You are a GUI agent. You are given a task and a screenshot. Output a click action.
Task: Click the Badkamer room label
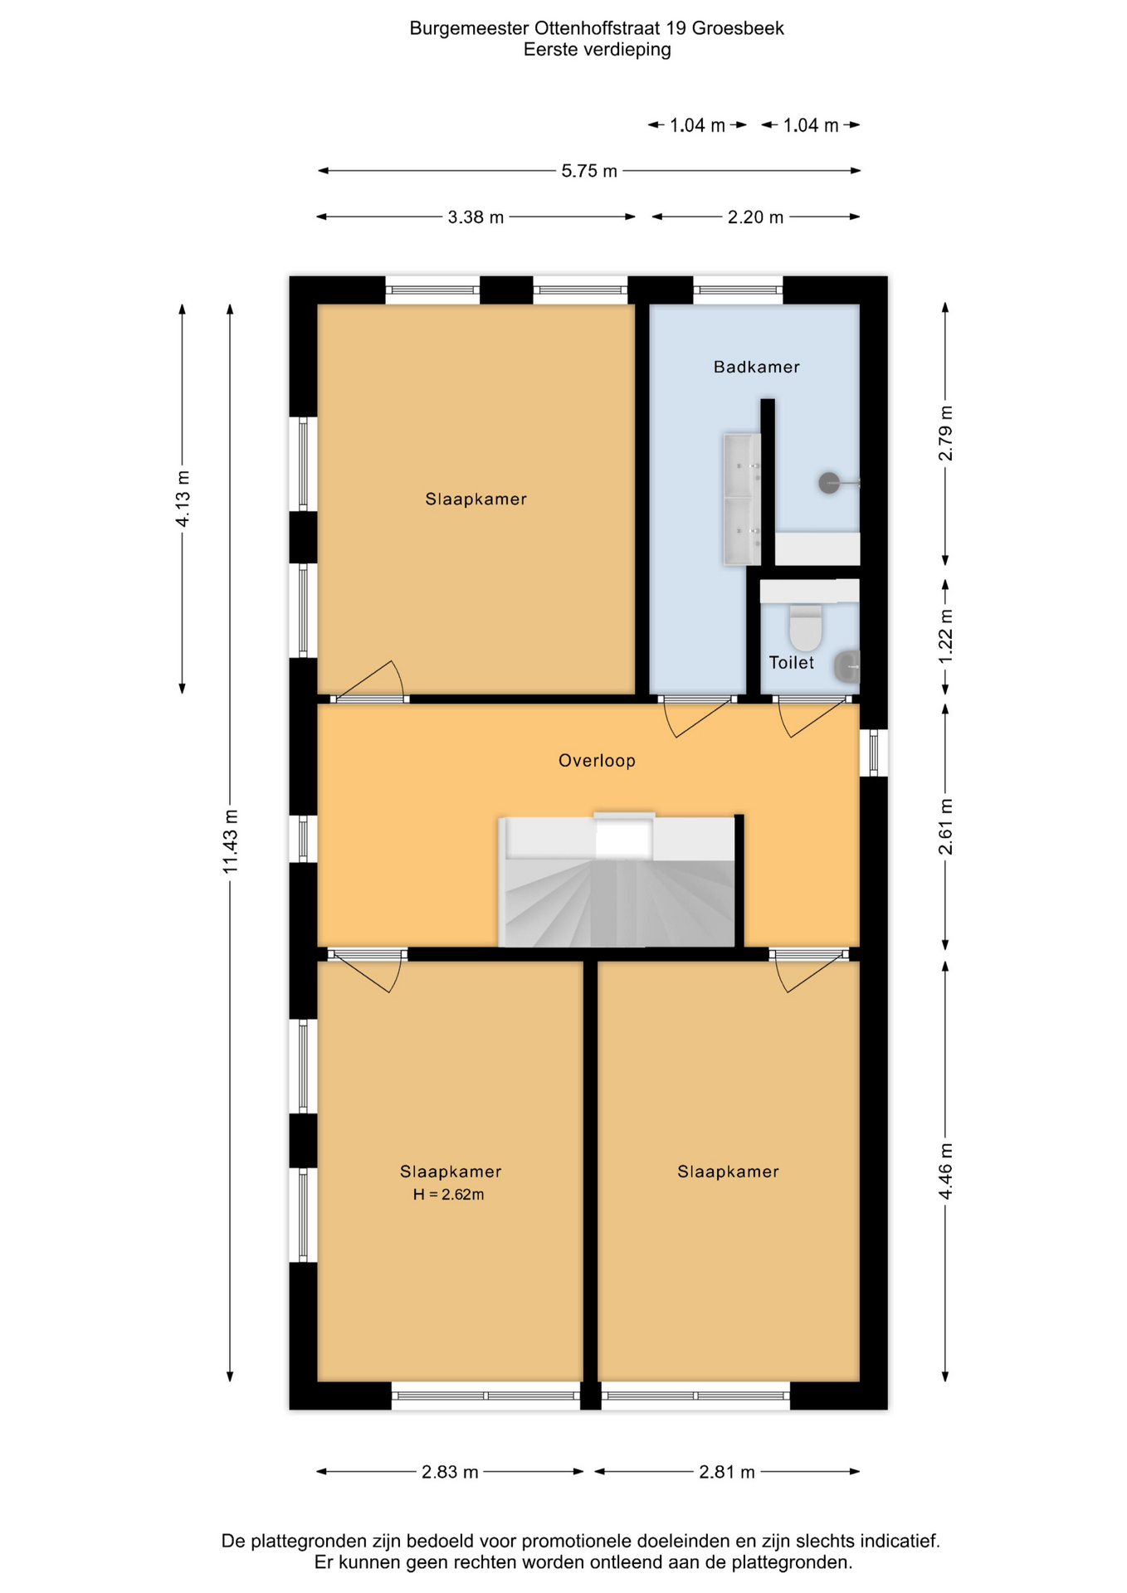tap(756, 367)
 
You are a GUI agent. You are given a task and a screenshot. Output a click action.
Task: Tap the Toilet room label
tap(791, 662)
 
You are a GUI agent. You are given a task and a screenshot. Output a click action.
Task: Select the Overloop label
tap(597, 760)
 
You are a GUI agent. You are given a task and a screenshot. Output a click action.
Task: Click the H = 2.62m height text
tap(448, 1195)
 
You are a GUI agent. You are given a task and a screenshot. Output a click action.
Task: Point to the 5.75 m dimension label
tap(589, 171)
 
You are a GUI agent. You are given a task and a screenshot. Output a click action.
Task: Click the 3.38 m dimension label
tap(476, 217)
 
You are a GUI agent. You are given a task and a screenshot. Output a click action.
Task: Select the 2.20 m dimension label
tap(755, 217)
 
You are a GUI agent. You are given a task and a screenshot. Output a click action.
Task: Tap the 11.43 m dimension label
tap(230, 840)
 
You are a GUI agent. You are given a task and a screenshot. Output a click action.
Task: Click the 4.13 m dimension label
tap(183, 498)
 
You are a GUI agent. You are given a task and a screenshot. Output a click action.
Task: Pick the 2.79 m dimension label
tap(945, 433)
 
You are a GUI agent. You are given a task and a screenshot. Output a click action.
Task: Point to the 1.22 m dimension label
tap(945, 636)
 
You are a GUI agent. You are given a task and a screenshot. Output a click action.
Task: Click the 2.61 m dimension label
tap(945, 826)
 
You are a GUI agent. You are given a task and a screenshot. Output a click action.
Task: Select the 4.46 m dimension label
tap(945, 1171)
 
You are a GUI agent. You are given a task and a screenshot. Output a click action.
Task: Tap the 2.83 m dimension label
tap(450, 1472)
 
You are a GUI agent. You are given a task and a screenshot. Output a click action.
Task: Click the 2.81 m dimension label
tap(727, 1472)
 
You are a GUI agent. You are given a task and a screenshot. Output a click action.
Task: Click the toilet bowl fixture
tap(805, 627)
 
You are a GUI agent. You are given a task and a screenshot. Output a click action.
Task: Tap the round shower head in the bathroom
tap(829, 483)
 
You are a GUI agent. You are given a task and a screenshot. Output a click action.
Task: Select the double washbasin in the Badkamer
tap(741, 499)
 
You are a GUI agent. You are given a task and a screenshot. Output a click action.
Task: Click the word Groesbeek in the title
tap(738, 28)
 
